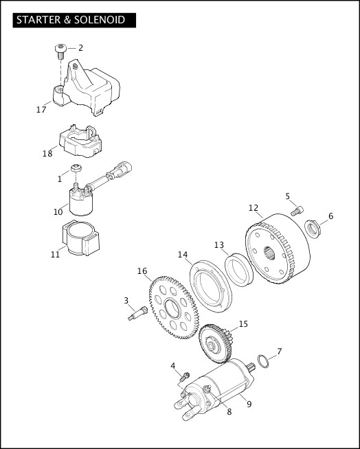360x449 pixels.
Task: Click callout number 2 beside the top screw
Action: pyautogui.click(x=80, y=48)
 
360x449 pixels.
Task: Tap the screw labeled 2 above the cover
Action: pyautogui.click(x=60, y=50)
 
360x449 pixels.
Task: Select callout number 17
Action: pyautogui.click(x=41, y=109)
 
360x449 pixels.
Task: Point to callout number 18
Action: pyautogui.click(x=47, y=153)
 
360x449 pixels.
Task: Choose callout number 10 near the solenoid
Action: pyautogui.click(x=58, y=212)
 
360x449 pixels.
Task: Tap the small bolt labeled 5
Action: pyautogui.click(x=296, y=211)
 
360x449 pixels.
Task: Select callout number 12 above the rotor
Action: pyautogui.click(x=254, y=208)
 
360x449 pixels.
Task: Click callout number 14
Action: pyautogui.click(x=183, y=255)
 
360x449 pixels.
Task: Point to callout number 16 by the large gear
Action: pyautogui.click(x=142, y=271)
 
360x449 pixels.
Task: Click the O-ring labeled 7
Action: pyautogui.click(x=262, y=361)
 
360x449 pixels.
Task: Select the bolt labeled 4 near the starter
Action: pyautogui.click(x=184, y=376)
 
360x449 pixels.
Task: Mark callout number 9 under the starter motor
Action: pyautogui.click(x=249, y=404)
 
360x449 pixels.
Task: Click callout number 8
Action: pyautogui.click(x=229, y=412)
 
